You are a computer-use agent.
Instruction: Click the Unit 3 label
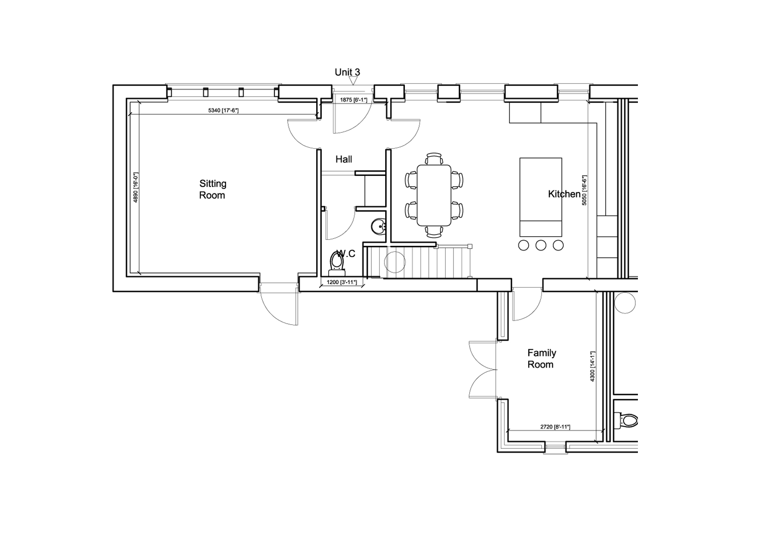click(x=347, y=72)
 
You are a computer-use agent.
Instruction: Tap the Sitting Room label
click(x=213, y=189)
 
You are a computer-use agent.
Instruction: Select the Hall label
click(x=344, y=159)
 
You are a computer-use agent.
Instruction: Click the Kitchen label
click(x=564, y=194)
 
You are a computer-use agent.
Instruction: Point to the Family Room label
click(x=541, y=359)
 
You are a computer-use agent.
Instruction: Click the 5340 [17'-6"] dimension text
click(x=224, y=110)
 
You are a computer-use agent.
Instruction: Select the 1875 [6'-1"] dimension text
click(x=354, y=100)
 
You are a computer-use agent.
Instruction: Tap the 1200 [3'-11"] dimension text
click(x=342, y=282)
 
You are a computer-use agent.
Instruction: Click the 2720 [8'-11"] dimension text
click(x=555, y=427)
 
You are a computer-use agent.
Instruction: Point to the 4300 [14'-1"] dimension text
click(x=592, y=367)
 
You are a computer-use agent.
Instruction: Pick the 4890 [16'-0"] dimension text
click(x=135, y=187)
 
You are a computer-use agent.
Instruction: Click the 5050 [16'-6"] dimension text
click(x=584, y=190)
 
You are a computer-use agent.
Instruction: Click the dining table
click(x=434, y=195)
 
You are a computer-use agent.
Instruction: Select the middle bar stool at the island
click(x=541, y=245)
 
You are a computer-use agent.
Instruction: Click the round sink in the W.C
click(x=378, y=226)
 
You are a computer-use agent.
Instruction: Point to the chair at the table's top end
click(x=434, y=159)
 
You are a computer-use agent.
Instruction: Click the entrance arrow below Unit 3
click(x=354, y=81)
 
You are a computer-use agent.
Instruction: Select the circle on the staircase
click(x=395, y=262)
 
